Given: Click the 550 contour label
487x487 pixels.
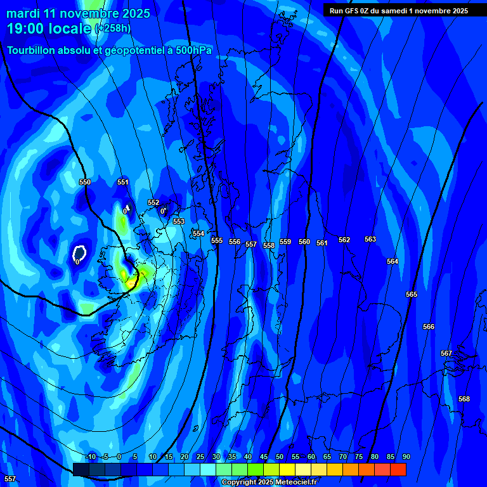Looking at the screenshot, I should [85, 182].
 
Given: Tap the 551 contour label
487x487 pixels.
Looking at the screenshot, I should [123, 182].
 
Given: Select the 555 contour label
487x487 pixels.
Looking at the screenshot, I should [217, 240].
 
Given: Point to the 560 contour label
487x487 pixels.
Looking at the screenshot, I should [304, 242].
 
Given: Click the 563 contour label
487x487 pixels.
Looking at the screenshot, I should [370, 239].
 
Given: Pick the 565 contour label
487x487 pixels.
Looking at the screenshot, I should [412, 294].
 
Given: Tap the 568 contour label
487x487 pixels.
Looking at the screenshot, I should [464, 399].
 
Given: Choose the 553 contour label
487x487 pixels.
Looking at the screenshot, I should [179, 221].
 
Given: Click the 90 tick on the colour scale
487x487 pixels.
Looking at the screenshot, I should [406, 457].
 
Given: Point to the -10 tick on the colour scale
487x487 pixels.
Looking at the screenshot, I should [90, 457].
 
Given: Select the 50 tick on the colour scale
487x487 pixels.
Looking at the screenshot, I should [280, 457].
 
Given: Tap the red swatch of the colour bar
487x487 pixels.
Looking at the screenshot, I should [398, 469].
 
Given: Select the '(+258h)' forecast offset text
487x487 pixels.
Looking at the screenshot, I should [114, 29].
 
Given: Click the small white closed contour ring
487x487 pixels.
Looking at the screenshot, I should [79, 253].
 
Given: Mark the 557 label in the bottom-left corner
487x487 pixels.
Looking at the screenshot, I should [10, 478].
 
